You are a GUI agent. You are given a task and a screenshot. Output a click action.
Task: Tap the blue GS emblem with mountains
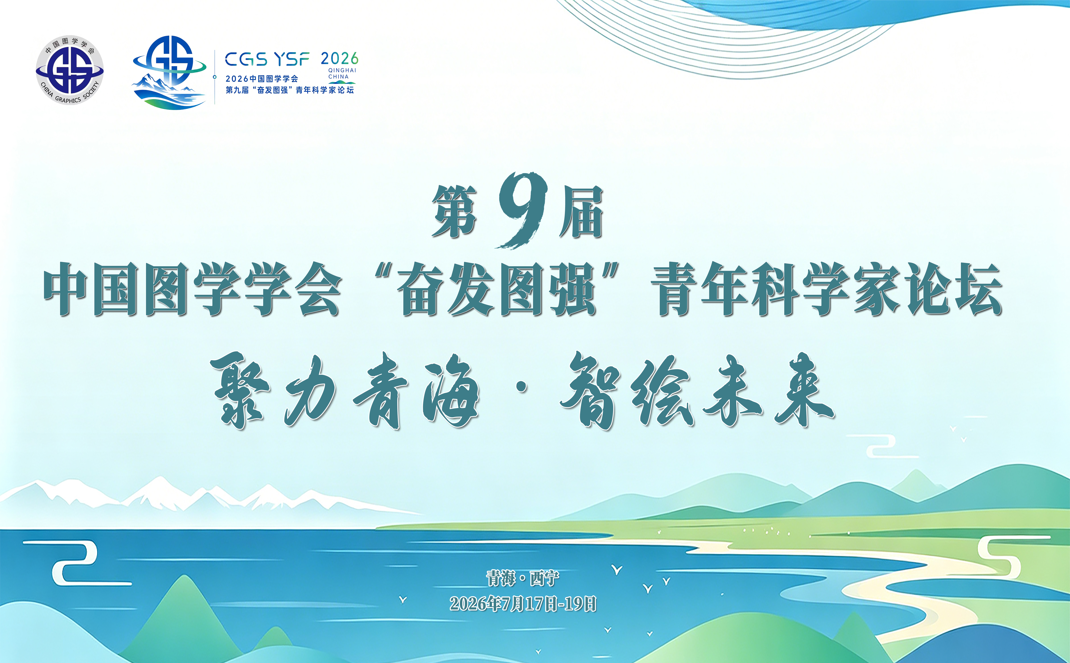pyautogui.click(x=169, y=72)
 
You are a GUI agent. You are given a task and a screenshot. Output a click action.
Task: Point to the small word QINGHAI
pyautogui.click(x=342, y=70)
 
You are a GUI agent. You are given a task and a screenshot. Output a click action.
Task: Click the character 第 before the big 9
pyautogui.click(x=455, y=211)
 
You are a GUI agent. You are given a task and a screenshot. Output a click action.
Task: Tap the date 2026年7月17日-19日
pyautogui.click(x=523, y=604)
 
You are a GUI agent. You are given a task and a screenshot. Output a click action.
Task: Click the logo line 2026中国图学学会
pyautogui.click(x=262, y=79)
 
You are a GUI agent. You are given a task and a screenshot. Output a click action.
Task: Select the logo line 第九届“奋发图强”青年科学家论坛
pyautogui.click(x=290, y=90)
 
